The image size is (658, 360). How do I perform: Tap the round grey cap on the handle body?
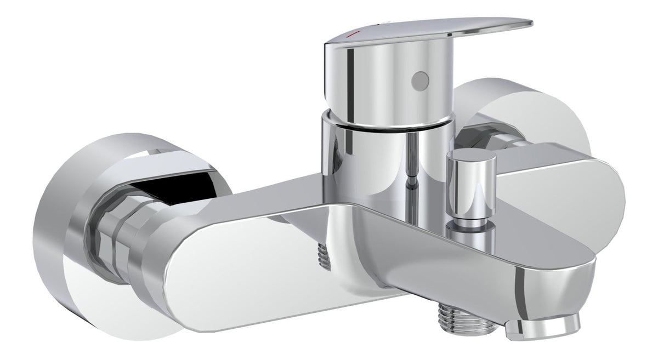pos(419,81)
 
